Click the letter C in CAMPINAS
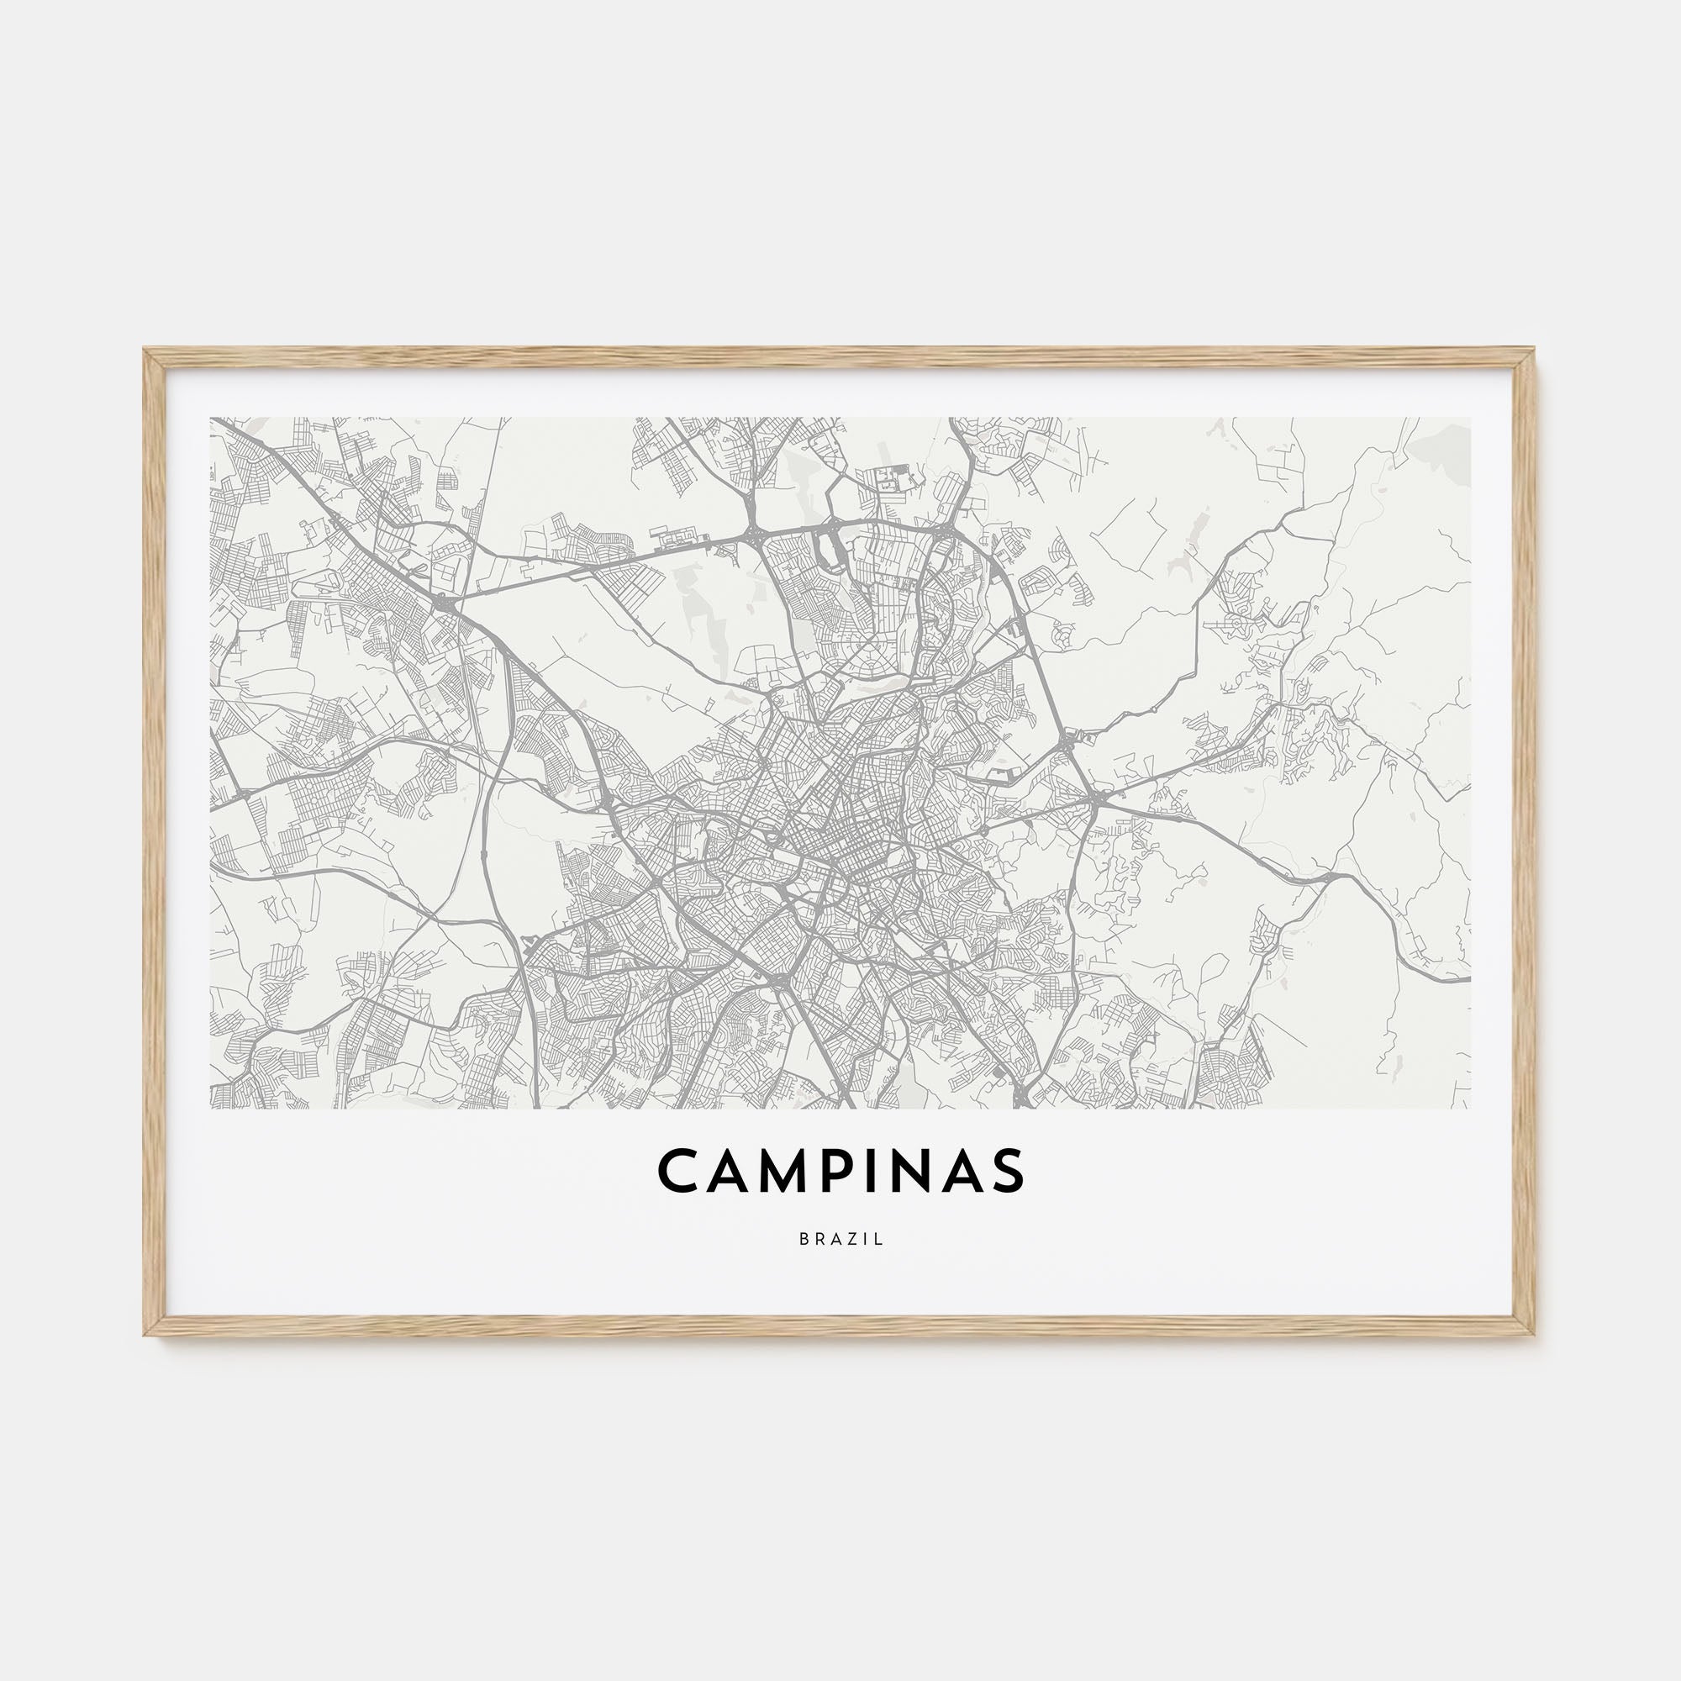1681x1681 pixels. pos(679,1170)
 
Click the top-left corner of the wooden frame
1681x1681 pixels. pos(145,350)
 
